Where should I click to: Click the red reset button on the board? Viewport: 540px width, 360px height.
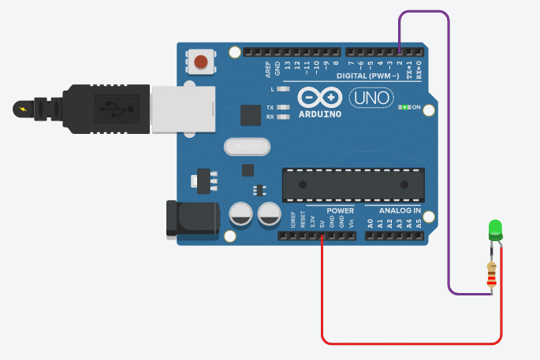[x=202, y=61]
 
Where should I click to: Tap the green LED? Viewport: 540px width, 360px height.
[x=496, y=229]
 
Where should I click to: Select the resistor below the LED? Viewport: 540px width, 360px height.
[x=493, y=273]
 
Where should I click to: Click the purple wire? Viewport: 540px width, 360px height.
[x=449, y=158]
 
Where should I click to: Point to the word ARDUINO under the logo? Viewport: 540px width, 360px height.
[x=320, y=114]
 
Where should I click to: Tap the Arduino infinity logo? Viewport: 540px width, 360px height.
[x=320, y=98]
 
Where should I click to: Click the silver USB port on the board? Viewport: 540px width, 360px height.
[x=184, y=108]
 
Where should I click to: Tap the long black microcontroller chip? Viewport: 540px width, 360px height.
[x=354, y=184]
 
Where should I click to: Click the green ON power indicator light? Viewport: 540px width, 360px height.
[x=405, y=107]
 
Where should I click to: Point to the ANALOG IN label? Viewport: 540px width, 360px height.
[x=400, y=211]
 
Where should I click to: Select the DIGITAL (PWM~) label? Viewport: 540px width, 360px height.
[x=367, y=76]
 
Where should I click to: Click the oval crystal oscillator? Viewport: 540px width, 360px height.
[x=247, y=147]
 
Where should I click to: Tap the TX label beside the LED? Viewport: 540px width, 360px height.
[x=270, y=107]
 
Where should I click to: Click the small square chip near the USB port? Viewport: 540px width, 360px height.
[x=251, y=115]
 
